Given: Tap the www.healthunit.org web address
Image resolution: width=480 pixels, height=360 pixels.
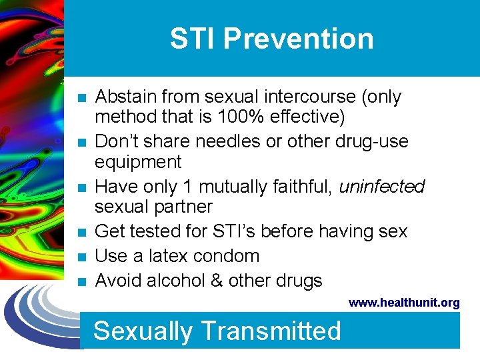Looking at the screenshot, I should (x=404, y=303).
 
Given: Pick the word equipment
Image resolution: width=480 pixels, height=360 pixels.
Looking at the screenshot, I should (x=138, y=162).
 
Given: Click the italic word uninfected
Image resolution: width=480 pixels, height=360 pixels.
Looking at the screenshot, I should (x=382, y=186).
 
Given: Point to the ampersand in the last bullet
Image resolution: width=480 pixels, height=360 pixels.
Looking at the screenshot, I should (x=215, y=281).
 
